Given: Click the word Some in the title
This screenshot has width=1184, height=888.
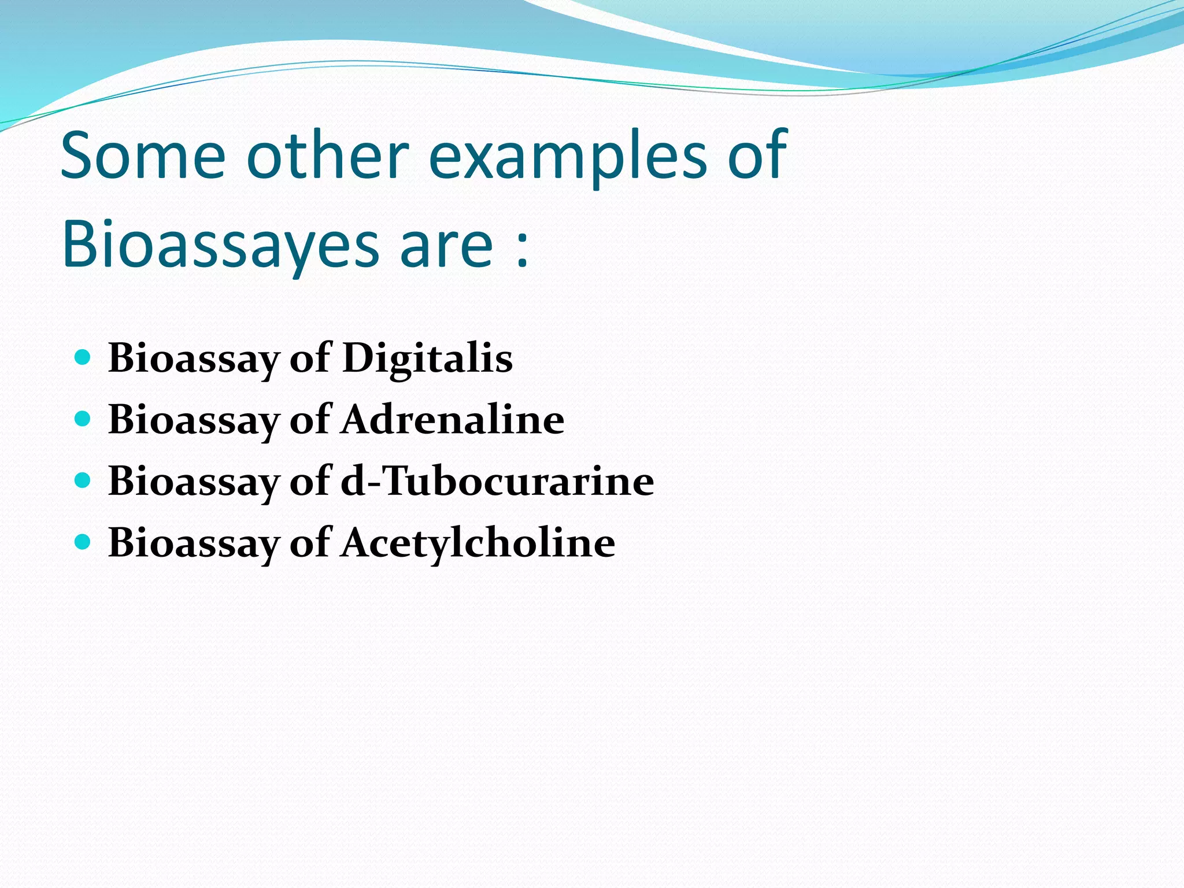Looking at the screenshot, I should (x=143, y=155).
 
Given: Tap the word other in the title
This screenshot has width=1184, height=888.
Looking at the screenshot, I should (x=328, y=155).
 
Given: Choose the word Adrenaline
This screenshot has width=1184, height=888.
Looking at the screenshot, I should (x=453, y=420).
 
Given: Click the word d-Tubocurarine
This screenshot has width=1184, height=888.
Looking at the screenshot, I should (x=497, y=482).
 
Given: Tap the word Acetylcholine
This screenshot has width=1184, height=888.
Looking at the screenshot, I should (x=478, y=543).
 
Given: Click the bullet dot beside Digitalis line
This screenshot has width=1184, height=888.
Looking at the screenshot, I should (x=83, y=357).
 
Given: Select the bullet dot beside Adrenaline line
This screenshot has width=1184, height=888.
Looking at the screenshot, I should (x=83, y=419).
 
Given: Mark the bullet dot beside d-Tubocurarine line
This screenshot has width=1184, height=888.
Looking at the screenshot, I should (x=83, y=480).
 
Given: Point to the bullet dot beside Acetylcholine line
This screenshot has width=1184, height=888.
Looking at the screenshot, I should (x=83, y=542).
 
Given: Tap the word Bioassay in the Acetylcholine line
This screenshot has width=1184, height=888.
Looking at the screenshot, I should (x=194, y=545).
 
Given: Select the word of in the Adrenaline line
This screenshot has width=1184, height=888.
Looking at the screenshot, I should (x=310, y=420).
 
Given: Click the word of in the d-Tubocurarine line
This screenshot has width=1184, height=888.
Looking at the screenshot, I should (x=310, y=482).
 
